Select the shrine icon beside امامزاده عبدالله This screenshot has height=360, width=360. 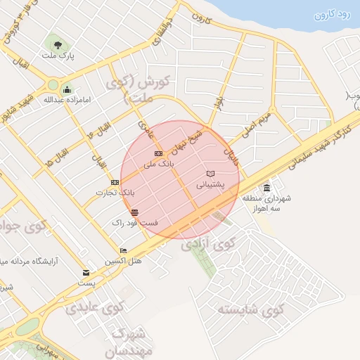point(67,89)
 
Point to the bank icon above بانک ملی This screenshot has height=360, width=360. point(158,153)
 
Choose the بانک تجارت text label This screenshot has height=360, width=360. point(117,192)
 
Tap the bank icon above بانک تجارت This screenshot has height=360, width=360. point(115,182)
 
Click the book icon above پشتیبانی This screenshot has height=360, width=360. point(210,174)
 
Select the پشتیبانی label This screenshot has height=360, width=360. point(210,185)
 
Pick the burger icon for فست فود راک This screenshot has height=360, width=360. point(135,212)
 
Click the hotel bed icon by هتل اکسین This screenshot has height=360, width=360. point(124,251)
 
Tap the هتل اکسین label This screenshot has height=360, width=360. point(124,261)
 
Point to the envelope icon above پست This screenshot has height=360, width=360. point(86,272)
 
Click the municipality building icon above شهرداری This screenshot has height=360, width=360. point(266,188)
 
